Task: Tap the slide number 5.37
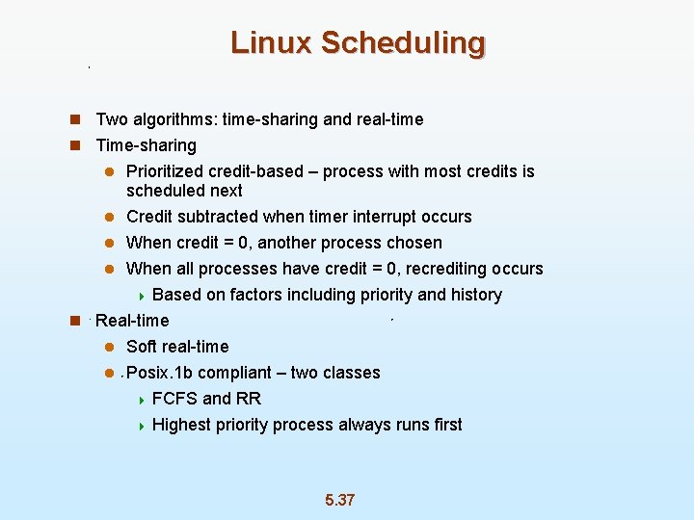click(339, 500)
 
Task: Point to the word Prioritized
click(167, 171)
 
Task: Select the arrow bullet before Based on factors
click(140, 296)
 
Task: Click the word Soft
click(143, 347)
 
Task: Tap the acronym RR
click(250, 399)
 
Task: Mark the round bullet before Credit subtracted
click(111, 218)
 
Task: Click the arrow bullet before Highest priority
click(140, 426)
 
